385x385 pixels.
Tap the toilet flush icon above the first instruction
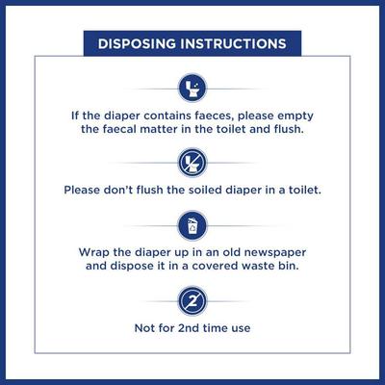click(x=192, y=90)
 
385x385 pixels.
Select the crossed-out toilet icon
click(x=192, y=161)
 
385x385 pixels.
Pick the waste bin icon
click(x=192, y=226)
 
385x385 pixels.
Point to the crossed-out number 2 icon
click(x=192, y=300)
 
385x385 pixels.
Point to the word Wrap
click(x=95, y=252)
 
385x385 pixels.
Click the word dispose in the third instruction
click(x=140, y=269)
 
